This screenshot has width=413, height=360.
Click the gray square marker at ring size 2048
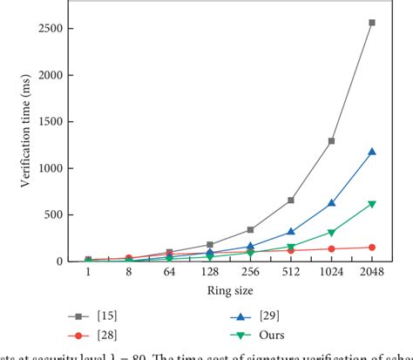[x=372, y=23]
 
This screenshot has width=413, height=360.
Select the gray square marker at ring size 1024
[x=331, y=140]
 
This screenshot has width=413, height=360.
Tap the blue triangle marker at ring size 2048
[x=372, y=152]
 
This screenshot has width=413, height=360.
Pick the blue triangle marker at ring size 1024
[x=331, y=203]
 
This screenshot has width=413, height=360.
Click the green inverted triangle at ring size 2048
[x=372, y=204]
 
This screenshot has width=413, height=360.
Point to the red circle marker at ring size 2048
[x=372, y=248]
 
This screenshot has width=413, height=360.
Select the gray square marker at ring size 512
[x=291, y=200]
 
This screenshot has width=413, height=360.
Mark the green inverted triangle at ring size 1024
[x=331, y=233]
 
